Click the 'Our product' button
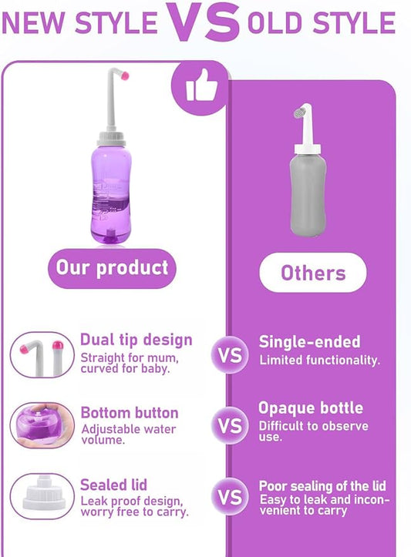pos(111,268)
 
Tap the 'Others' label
pos(313,272)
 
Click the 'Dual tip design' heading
pos(136,340)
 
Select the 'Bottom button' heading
pos(130,413)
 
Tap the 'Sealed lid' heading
pos(114,485)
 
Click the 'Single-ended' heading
pos(309,342)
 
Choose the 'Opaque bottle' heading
pos(310,408)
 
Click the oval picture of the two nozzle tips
pos(42,354)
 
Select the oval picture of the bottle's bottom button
pos(42,424)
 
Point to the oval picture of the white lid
pos(42,496)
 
